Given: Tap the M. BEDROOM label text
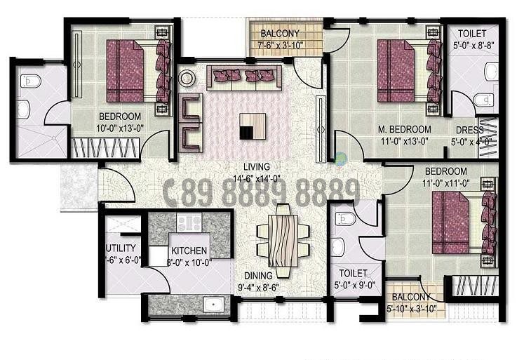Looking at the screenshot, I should click(404, 129).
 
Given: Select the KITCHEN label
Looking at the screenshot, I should click(189, 251).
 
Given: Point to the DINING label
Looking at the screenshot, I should click(258, 276).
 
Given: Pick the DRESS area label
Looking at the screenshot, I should click(469, 130).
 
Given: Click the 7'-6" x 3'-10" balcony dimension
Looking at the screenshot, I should click(280, 47).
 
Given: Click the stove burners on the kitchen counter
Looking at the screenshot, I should click(189, 224).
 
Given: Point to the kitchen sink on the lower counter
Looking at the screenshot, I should click(213, 304).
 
